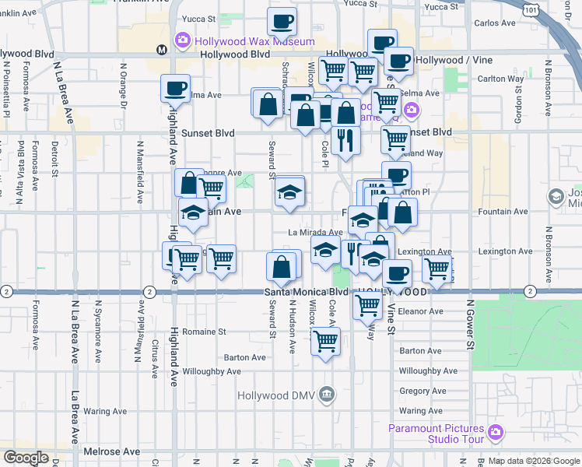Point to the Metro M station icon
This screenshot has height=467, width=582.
click(162, 49)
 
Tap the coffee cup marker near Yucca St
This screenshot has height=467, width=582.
click(282, 22)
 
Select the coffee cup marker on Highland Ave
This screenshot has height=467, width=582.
click(175, 88)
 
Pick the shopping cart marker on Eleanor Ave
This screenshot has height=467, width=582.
click(367, 305)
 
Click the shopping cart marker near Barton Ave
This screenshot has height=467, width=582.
click(325, 341)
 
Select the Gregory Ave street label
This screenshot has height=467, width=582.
click(422, 391)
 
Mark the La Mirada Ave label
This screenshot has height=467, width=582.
click(315, 232)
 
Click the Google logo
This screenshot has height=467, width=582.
click(26, 458)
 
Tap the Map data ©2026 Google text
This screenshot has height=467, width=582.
click(534, 461)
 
